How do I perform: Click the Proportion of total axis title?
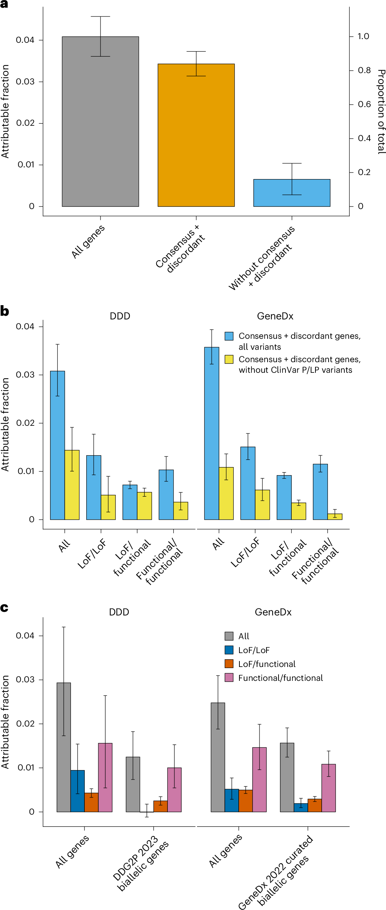click(x=381, y=111)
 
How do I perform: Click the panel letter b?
click(x=4, y=311)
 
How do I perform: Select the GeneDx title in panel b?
click(x=275, y=316)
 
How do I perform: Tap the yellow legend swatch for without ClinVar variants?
click(x=229, y=359)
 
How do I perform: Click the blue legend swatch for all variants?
click(x=229, y=336)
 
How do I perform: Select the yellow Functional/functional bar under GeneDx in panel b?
click(x=335, y=516)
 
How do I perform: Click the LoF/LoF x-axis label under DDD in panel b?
click(x=92, y=553)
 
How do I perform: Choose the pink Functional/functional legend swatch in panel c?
click(x=229, y=678)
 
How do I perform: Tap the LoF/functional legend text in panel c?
click(x=267, y=664)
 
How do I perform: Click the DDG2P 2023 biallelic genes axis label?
click(x=141, y=863)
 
